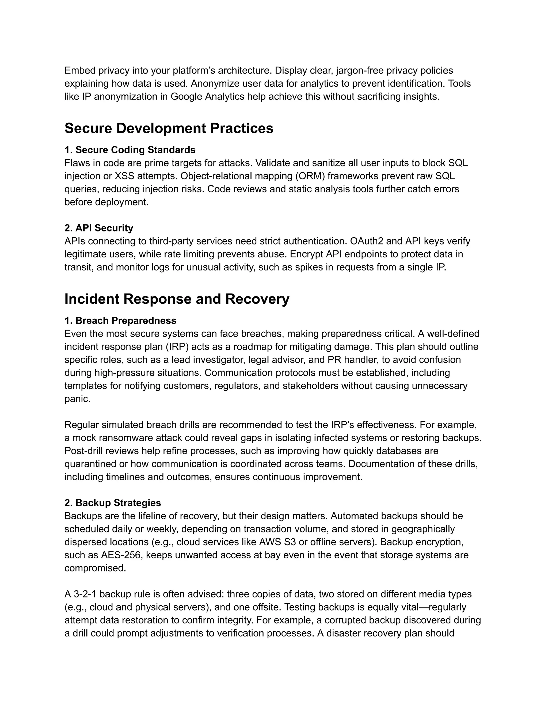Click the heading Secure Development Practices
(169, 128)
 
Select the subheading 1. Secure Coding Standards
(130, 150)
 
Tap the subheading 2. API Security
(99, 228)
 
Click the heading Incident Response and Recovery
(177, 299)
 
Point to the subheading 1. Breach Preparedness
(120, 321)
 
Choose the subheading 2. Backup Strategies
(113, 503)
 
